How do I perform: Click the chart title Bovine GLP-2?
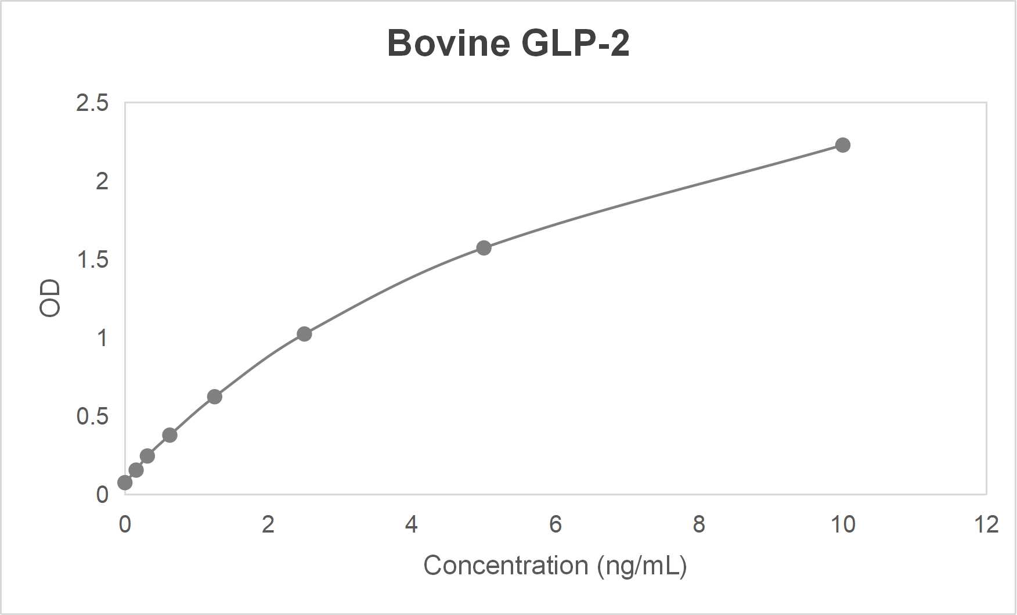(x=508, y=43)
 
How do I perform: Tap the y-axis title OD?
(x=50, y=298)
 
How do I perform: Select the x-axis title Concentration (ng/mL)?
(x=555, y=566)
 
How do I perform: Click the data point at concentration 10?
(x=842, y=145)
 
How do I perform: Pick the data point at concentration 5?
(x=484, y=248)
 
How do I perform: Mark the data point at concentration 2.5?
(x=304, y=334)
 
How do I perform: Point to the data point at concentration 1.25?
(x=214, y=397)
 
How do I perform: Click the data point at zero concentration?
(x=125, y=483)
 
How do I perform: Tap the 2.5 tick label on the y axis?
(x=92, y=103)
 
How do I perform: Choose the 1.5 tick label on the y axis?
(x=92, y=260)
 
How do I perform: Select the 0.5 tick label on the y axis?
(x=92, y=416)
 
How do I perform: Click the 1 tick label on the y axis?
(x=102, y=338)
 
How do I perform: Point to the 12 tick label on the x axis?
(x=986, y=525)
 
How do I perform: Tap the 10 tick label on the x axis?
(x=842, y=525)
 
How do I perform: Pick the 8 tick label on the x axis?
(x=699, y=525)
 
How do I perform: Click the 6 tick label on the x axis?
(x=556, y=525)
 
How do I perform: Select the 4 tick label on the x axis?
(x=412, y=525)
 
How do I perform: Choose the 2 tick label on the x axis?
(x=268, y=525)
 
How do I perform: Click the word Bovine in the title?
(x=449, y=43)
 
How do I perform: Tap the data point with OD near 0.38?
(x=169, y=435)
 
